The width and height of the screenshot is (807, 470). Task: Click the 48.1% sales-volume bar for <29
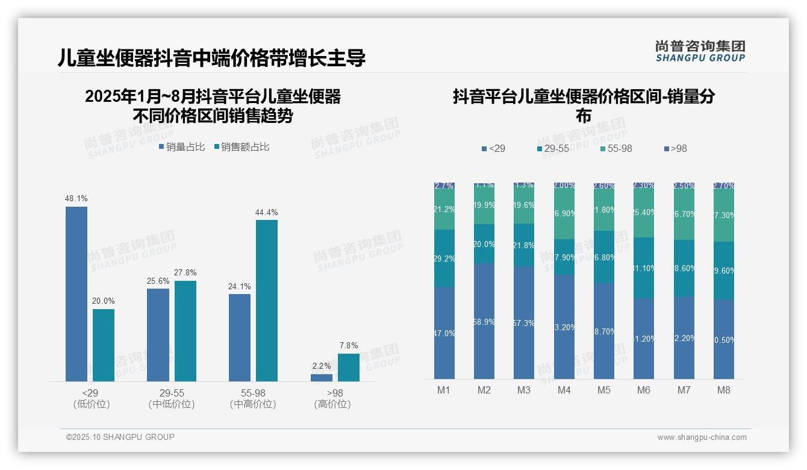[x=76, y=294]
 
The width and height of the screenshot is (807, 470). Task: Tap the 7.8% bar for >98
[x=348, y=368]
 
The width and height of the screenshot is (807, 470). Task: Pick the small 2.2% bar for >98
[x=322, y=378]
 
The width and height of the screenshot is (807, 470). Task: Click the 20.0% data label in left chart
[x=104, y=301]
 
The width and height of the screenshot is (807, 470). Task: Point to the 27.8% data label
[x=185, y=273]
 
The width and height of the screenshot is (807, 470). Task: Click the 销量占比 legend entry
[x=182, y=147]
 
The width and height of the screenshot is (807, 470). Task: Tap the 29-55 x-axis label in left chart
[x=172, y=393]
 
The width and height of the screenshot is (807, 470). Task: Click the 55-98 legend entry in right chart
[x=617, y=149]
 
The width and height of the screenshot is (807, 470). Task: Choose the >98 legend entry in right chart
[x=675, y=149]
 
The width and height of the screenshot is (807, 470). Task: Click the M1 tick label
[x=444, y=390]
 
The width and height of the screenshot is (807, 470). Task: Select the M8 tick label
[x=724, y=390]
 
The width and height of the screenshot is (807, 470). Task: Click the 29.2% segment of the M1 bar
[x=444, y=258]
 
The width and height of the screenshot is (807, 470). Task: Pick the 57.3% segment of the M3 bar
[x=524, y=322]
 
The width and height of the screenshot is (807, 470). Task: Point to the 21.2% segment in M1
[x=444, y=210]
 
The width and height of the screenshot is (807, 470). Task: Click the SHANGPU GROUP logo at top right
[x=700, y=51]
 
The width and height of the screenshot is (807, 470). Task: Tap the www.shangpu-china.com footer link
[x=702, y=437]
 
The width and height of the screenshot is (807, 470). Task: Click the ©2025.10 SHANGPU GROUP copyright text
[x=120, y=437]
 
